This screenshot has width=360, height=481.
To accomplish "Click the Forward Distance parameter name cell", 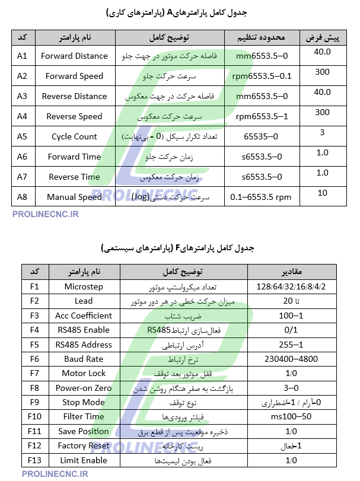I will (x=74, y=56).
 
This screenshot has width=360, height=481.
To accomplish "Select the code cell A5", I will (x=23, y=136).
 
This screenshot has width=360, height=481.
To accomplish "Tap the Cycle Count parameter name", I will (x=74, y=136).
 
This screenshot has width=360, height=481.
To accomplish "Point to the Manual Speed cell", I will (x=74, y=197).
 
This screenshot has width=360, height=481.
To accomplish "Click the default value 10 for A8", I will (x=323, y=193).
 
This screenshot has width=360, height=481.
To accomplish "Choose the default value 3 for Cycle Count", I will (x=322, y=132).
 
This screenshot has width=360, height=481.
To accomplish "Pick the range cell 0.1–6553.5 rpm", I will (x=261, y=197).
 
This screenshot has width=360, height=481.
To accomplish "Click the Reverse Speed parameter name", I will (x=74, y=116).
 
